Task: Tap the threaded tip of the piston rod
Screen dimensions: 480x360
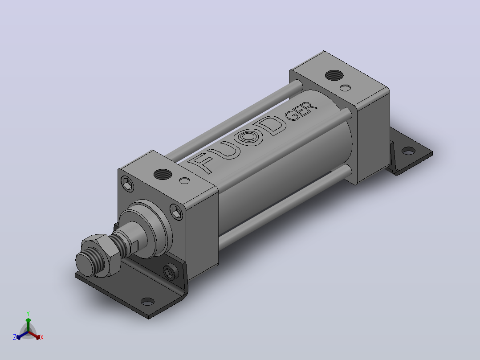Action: tap(89, 263)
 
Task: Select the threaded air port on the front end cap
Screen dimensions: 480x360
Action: tap(163, 174)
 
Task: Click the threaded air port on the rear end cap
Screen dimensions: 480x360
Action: tap(334, 75)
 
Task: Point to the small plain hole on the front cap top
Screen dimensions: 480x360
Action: tap(185, 181)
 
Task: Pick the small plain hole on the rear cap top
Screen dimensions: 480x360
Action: tap(346, 88)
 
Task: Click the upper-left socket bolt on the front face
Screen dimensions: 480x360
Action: tap(127, 184)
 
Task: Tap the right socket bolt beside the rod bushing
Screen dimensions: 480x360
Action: tap(176, 212)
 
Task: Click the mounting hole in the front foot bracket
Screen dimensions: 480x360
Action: tap(147, 302)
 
